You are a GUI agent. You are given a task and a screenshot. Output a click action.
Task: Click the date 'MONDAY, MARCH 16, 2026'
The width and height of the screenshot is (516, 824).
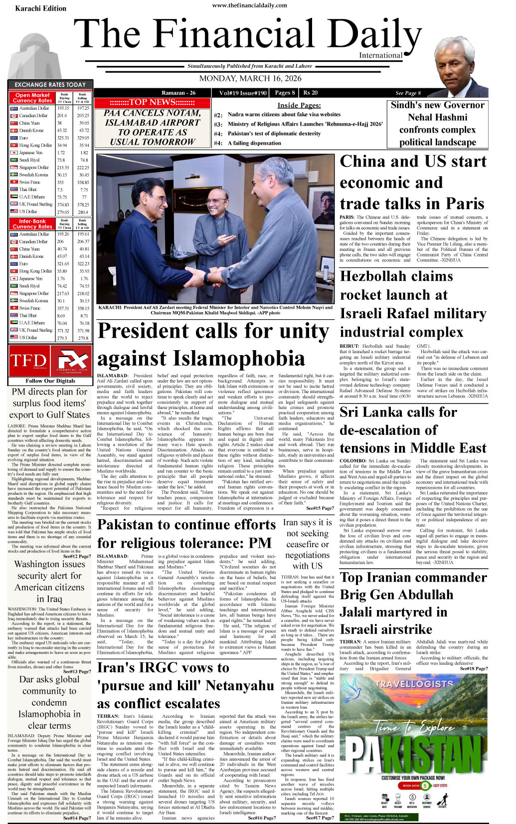coord(250,78)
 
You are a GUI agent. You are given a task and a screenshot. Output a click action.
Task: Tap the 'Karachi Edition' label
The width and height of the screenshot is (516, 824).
coord(40,8)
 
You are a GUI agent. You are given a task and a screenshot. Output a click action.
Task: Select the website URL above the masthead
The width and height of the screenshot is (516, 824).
coord(250,5)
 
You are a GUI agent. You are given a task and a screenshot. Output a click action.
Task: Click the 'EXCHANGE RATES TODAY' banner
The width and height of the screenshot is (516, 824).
coord(50,85)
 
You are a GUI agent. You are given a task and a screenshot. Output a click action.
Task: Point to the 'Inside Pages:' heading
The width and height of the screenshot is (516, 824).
coord(299,105)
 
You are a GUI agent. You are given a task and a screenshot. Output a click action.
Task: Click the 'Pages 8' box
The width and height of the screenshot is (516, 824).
coord(285,93)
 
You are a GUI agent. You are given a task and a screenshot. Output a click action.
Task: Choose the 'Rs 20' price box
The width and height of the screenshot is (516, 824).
coord(311,93)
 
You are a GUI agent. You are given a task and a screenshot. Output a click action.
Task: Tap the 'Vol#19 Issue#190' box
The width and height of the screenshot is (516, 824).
coord(243,93)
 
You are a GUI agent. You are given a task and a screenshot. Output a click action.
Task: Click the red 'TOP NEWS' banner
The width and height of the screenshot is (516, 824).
coord(152,102)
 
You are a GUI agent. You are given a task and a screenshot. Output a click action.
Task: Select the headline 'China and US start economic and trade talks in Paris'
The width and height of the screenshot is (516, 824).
coord(412,183)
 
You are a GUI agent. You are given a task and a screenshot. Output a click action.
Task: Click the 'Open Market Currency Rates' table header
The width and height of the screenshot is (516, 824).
coord(32,98)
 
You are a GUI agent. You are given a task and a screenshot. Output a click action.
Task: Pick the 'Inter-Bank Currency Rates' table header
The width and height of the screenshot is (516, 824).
coord(32,223)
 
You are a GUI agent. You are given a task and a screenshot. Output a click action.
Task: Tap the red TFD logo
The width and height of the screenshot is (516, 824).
coord(28,361)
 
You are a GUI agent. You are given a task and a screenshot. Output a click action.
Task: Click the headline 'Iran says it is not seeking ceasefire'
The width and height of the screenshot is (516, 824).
coord(307,544)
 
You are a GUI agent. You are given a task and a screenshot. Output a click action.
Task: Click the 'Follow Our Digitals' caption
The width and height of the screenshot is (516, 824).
coord(50,381)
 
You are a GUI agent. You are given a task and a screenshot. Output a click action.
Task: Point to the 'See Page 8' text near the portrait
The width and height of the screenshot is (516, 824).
coord(408,93)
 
